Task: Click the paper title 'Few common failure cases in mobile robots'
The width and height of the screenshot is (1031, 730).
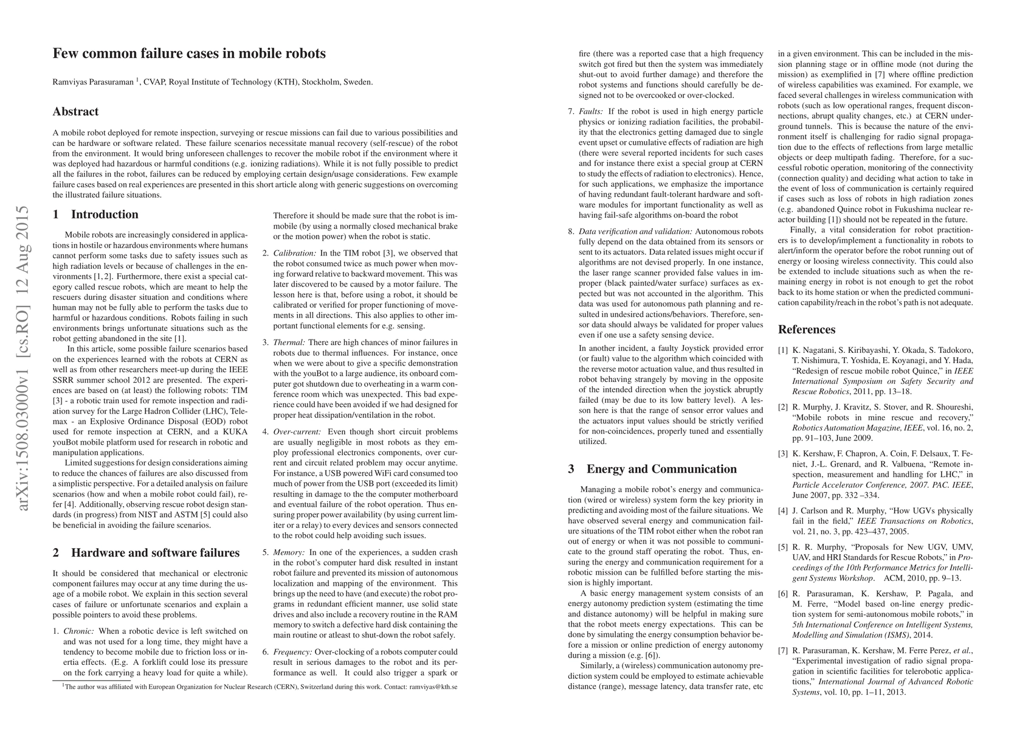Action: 189,54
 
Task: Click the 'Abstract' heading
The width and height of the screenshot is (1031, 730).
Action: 75,111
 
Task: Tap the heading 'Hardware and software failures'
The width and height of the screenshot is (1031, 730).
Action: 155,552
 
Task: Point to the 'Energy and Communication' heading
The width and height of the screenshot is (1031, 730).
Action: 661,468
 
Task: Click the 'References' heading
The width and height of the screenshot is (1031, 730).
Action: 807,329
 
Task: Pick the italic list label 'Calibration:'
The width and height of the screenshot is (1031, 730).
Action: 294,253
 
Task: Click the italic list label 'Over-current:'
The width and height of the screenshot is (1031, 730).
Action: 297,432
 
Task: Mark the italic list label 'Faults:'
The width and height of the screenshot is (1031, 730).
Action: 590,111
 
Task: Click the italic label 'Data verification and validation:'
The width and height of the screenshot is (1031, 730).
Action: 635,232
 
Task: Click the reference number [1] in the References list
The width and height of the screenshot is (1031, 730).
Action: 784,350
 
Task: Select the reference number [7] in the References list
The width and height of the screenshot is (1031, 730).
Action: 784,651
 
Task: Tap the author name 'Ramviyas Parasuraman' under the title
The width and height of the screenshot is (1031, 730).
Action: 93,82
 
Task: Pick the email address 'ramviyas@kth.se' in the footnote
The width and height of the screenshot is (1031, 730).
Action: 433,687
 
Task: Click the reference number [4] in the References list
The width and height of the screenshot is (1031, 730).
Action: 784,511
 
